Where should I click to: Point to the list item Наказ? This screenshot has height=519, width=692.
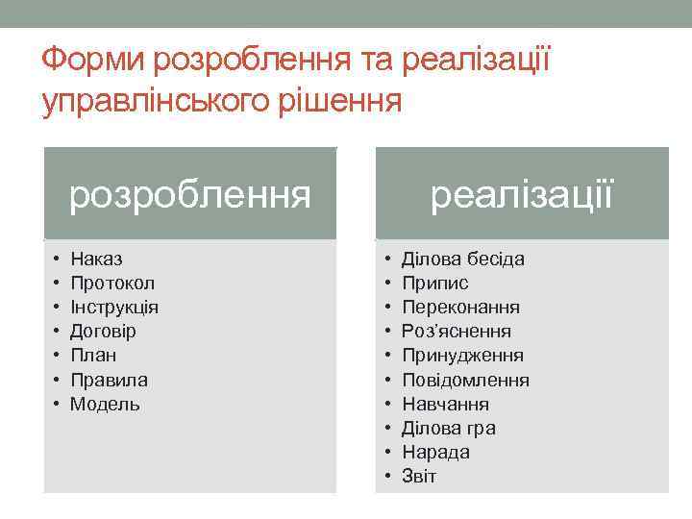pos(96,259)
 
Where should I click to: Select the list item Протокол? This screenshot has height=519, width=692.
pos(112,284)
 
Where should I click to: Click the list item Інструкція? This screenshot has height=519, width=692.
pos(114,308)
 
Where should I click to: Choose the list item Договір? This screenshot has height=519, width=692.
pos(103,332)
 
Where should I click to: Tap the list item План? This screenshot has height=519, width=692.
pos(93,356)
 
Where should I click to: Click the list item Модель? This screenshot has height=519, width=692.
pos(105,405)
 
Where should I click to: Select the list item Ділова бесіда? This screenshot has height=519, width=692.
pos(462,259)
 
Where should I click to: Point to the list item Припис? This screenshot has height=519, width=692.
pos(434,284)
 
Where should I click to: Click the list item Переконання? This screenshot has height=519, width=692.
pos(460,308)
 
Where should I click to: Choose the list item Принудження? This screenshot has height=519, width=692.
pos(462,356)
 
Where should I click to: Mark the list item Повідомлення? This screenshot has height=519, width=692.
pos(465,380)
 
